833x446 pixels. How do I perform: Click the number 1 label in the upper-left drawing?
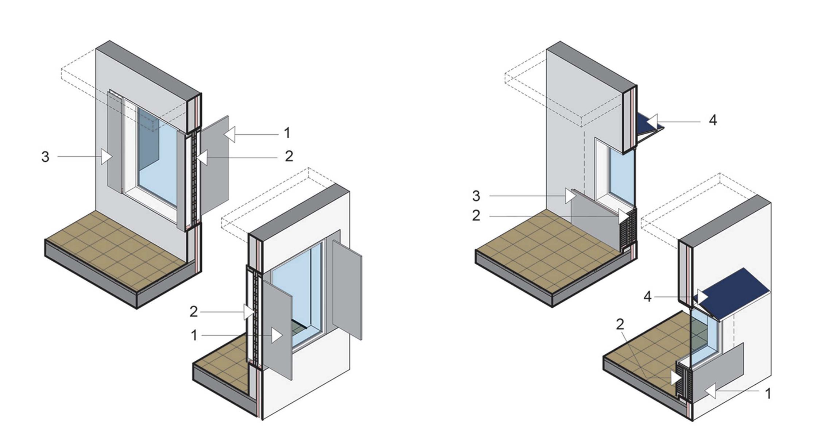coord(287,133)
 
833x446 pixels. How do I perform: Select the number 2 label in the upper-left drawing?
coord(289,157)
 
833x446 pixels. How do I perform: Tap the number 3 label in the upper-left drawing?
coord(45,157)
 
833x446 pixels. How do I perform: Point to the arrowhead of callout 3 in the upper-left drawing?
coord(106,157)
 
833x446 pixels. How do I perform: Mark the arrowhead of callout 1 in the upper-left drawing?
coord(230,134)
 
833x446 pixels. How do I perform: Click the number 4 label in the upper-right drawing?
coord(713,120)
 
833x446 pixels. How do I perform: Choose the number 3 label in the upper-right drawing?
coord(476,196)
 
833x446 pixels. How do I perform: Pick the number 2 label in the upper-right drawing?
coord(476,216)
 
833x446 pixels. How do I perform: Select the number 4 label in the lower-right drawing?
coord(647,297)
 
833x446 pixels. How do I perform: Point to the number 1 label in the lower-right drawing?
coord(768,394)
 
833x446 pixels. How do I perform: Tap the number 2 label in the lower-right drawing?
coord(620,324)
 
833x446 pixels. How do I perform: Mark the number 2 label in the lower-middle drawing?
coord(194,312)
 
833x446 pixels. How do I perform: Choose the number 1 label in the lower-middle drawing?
coord(194,335)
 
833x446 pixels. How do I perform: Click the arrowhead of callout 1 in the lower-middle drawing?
coord(277,335)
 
